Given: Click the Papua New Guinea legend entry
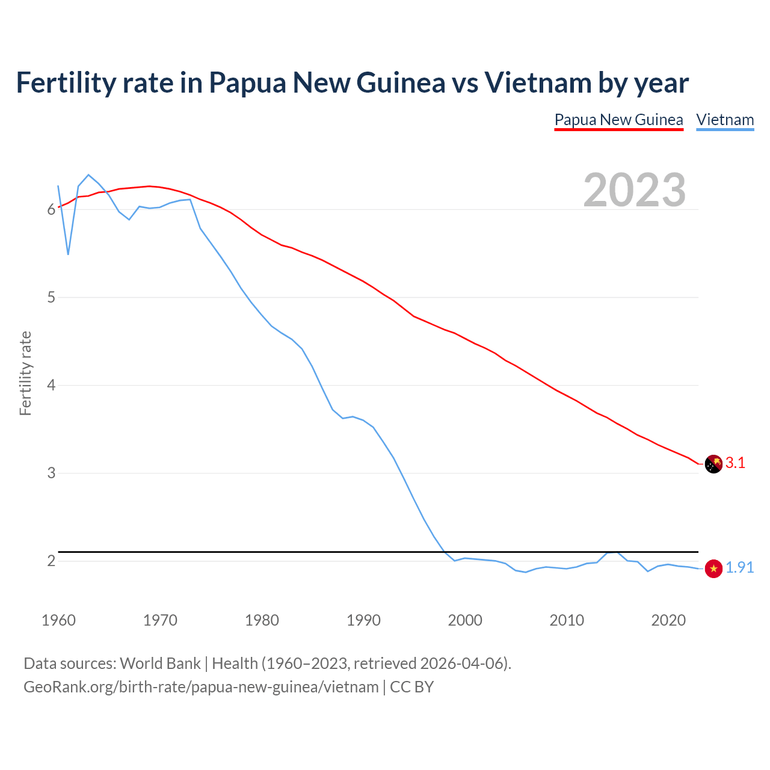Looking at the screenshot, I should pyautogui.click(x=618, y=120).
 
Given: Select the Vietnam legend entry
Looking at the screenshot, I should pyautogui.click(x=725, y=120).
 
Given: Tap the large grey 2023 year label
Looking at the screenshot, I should pyautogui.click(x=635, y=190).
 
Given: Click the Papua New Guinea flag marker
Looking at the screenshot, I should pyautogui.click(x=713, y=464).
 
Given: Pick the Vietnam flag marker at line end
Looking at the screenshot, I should pyautogui.click(x=713, y=568).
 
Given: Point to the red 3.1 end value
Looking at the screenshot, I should pyautogui.click(x=735, y=463).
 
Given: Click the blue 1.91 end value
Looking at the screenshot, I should pyautogui.click(x=739, y=567).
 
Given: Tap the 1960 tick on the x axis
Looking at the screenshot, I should pyautogui.click(x=58, y=620).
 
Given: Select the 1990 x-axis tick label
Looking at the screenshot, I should pyautogui.click(x=363, y=620).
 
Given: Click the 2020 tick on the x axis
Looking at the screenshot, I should pyautogui.click(x=668, y=620).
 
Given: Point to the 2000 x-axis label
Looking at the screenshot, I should pyautogui.click(x=465, y=620).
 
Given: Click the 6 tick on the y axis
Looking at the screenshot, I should pyautogui.click(x=51, y=210).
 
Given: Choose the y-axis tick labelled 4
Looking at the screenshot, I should pyautogui.click(x=51, y=385).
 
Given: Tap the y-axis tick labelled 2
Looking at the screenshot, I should pyautogui.click(x=51, y=561).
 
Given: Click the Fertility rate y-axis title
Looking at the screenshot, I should pyautogui.click(x=25, y=373).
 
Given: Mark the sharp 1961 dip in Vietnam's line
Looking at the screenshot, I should pyautogui.click(x=68, y=254).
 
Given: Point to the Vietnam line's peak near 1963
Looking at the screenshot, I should pyautogui.click(x=88, y=175).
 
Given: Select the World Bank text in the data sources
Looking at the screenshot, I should pyautogui.click(x=160, y=664).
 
